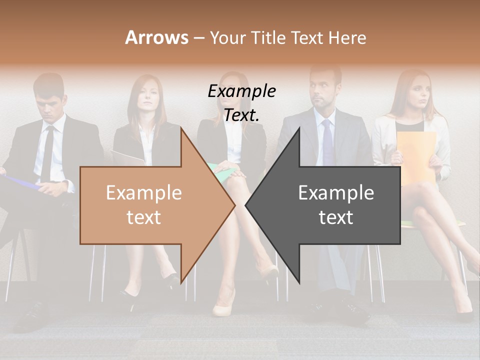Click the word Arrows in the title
coord(157,37)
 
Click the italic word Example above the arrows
coord(241,91)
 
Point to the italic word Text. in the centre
coord(241,115)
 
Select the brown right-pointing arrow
coord(150,205)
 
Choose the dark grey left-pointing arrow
coord(330,205)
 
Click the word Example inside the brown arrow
coord(143,193)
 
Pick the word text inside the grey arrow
coord(336,217)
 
